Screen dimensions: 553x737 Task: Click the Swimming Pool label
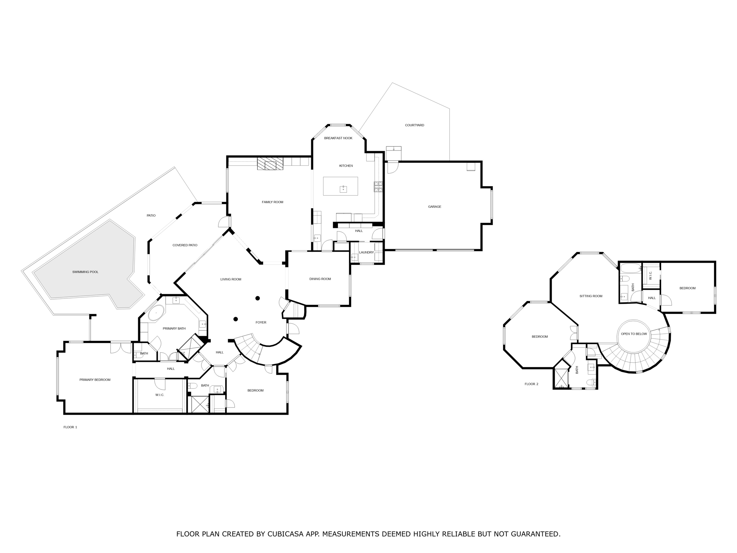[85, 272]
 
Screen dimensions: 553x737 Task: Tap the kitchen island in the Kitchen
[340, 186]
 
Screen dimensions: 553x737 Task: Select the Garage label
[434, 207]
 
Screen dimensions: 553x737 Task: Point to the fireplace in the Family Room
[270, 164]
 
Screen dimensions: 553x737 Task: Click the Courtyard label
[414, 125]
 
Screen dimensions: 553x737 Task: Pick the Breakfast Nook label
[338, 138]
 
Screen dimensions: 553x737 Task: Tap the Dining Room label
[320, 279]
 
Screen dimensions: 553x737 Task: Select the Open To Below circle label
[634, 334]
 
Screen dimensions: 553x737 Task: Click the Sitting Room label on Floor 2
[591, 296]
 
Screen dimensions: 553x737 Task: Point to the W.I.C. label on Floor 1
[159, 395]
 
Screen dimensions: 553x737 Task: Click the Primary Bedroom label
[95, 380]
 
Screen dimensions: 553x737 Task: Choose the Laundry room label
[366, 252]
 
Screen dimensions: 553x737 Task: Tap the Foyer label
[261, 323]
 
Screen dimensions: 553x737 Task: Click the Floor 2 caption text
[531, 384]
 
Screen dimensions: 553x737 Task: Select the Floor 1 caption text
[70, 427]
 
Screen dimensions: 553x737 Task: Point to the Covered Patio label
[185, 245]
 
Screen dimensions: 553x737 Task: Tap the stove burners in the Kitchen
[378, 186]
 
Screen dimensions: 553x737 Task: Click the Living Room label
[231, 279]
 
